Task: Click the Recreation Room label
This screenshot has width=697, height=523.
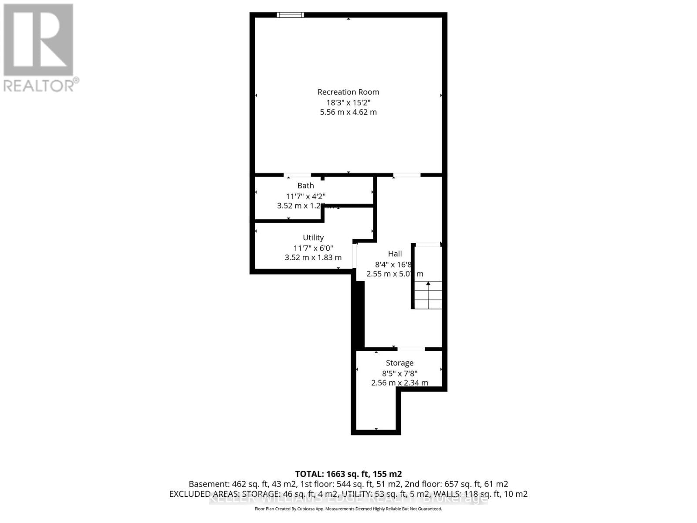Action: [x=348, y=92]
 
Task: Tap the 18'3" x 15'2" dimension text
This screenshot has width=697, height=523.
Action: [x=348, y=102]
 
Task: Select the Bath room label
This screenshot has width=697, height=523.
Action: [x=305, y=186]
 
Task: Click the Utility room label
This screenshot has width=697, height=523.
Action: [x=313, y=238]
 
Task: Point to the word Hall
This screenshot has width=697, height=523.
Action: [x=395, y=254]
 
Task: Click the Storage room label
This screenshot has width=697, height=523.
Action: [x=399, y=363]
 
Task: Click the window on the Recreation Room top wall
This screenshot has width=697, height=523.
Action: [x=290, y=15]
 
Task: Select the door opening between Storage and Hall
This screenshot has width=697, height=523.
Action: [x=411, y=349]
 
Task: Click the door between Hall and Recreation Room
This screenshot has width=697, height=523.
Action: [x=406, y=175]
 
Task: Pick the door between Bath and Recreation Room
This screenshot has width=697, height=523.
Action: [x=298, y=175]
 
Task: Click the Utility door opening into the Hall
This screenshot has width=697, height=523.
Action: [x=355, y=257]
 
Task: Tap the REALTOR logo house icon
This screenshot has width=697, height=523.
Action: [x=38, y=40]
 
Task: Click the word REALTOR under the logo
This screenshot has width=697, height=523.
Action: [x=39, y=85]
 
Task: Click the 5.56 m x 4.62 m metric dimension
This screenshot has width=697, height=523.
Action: [x=348, y=112]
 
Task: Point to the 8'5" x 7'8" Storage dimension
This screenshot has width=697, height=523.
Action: [x=399, y=373]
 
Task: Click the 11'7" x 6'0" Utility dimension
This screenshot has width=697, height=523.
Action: [x=313, y=248]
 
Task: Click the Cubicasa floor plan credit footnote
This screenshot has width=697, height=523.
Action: [x=348, y=509]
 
